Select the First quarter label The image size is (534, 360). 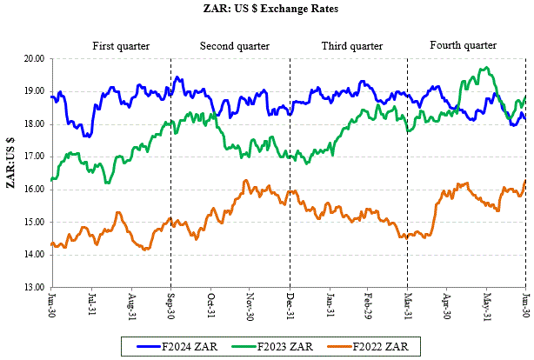click(121, 45)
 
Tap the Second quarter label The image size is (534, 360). click(232, 45)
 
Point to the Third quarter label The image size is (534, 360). click(352, 45)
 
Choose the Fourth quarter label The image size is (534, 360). click(464, 44)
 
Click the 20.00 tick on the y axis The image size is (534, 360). click(34, 59)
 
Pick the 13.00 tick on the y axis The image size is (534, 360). click(34, 287)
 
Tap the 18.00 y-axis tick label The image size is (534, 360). click(34, 124)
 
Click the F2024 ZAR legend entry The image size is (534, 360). click(188, 346)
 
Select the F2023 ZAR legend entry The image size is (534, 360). click(285, 346)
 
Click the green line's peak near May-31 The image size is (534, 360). click(485, 68)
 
